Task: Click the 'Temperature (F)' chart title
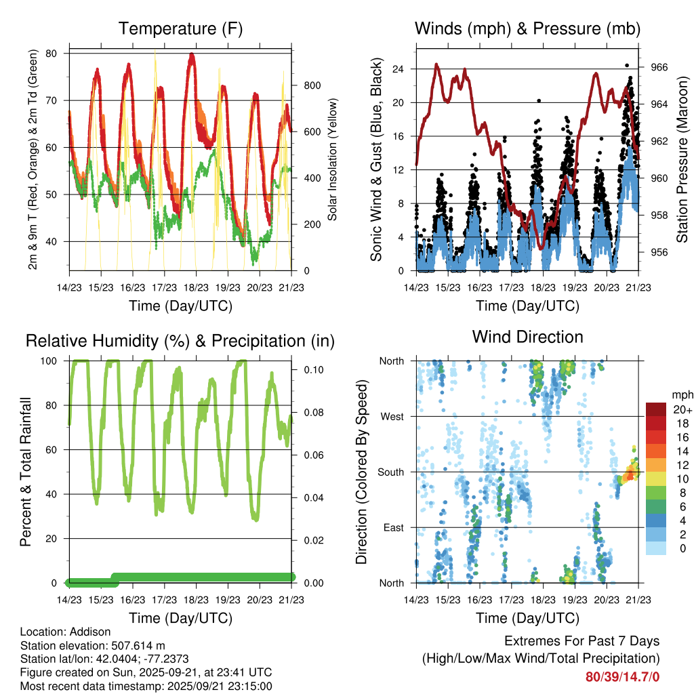pos(180,29)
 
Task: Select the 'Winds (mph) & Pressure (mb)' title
pos(527,29)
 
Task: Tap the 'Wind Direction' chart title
pos(527,337)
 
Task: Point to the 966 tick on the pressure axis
pos(660,67)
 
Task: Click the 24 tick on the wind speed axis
pos(398,69)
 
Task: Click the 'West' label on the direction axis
pos(392,416)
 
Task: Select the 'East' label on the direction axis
pos(393,527)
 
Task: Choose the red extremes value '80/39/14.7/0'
pos(623,676)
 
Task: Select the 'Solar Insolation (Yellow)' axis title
pos(333,159)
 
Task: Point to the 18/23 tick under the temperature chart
pos(196,287)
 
